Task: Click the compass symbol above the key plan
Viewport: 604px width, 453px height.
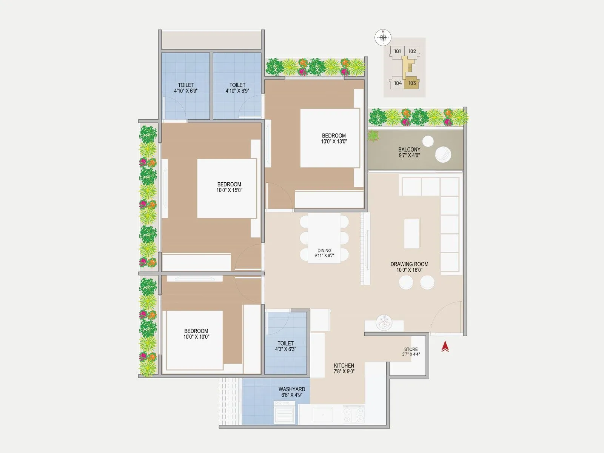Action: coord(383,37)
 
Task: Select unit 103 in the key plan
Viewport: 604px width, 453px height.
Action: coord(412,83)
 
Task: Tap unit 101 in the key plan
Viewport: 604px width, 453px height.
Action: coord(398,51)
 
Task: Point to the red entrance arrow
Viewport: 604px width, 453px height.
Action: coord(445,347)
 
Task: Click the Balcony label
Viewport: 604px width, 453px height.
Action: coord(409,152)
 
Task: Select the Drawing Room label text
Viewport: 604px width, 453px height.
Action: coord(409,267)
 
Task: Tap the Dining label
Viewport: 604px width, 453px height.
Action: coord(324,253)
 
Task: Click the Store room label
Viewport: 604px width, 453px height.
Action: coord(411,352)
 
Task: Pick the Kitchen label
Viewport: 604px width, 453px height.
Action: coord(344,368)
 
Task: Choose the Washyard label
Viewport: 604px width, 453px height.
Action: coord(292,392)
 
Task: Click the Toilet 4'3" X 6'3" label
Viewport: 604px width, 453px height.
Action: coord(285,346)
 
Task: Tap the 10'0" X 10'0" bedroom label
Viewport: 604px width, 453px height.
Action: coord(196,334)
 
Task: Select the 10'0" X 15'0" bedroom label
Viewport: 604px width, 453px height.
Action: coord(229,187)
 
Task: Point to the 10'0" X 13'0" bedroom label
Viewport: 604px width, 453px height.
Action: coord(334,139)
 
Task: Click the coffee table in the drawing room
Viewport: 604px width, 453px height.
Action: coord(411,234)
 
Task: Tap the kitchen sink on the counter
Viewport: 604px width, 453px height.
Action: coord(322,414)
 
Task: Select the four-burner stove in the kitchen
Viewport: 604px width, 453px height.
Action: coord(354,414)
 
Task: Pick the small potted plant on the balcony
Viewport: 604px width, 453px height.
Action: coord(373,136)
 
